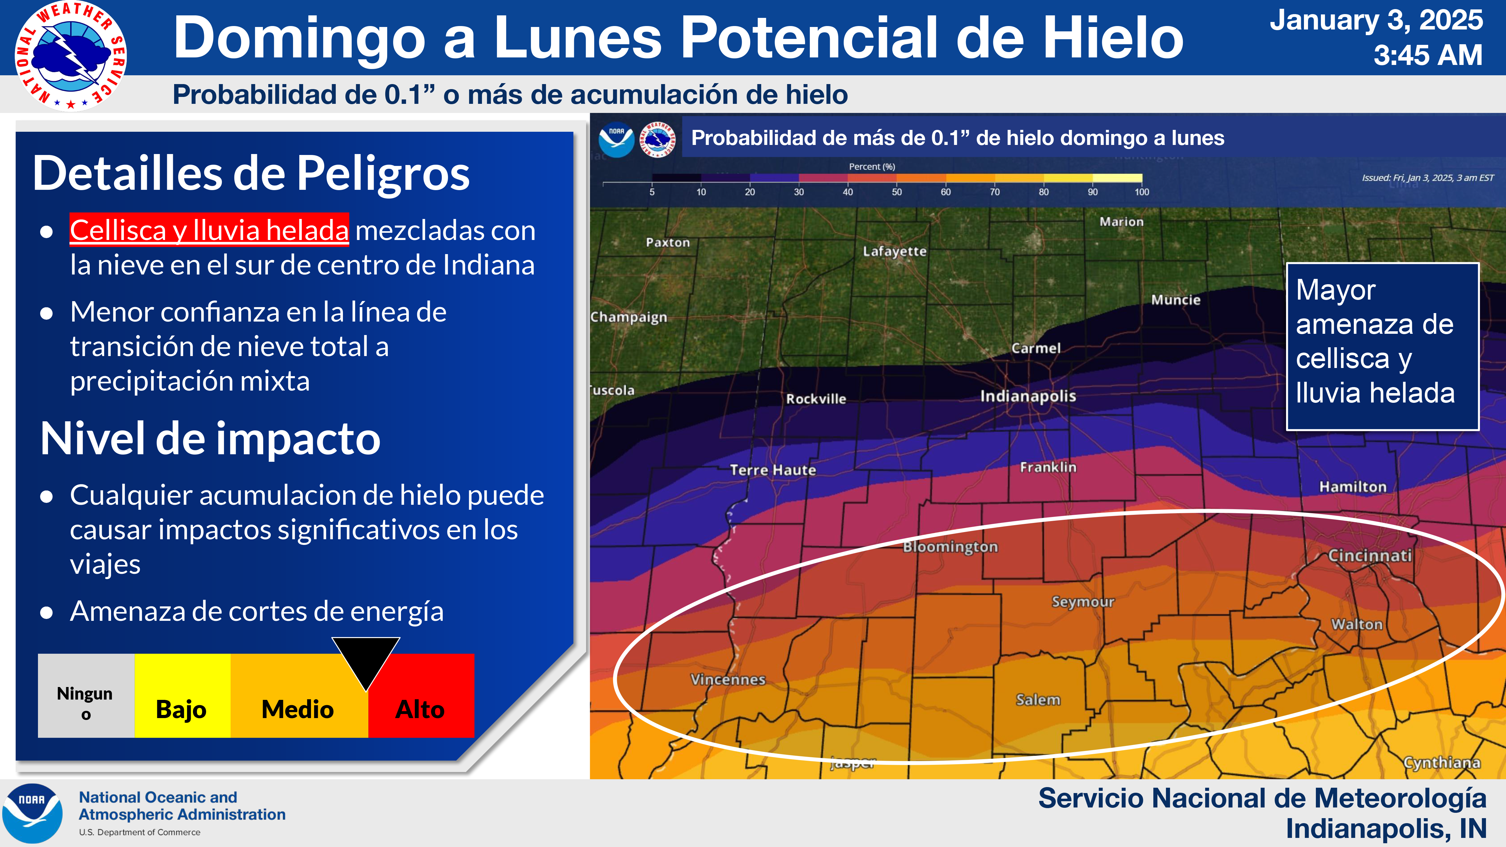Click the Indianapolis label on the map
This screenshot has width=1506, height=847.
point(1028,396)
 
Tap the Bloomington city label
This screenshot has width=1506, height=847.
point(950,547)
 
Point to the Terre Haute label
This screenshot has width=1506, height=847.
point(772,470)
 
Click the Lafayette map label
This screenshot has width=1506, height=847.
point(895,251)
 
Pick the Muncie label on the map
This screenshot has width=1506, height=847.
point(1175,300)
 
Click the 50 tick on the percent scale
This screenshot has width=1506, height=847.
point(897,192)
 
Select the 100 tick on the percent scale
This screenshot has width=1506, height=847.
point(1141,192)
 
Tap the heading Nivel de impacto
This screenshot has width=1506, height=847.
point(211,439)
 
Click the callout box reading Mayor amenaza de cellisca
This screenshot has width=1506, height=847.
point(1382,347)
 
